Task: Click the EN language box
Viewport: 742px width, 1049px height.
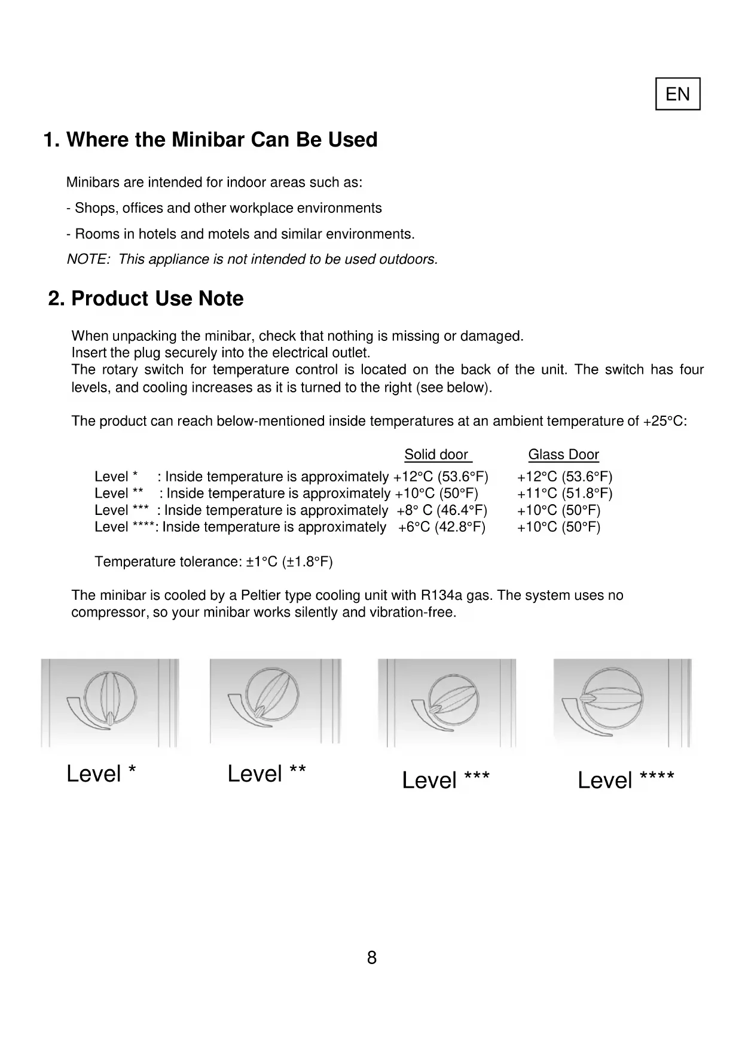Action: (x=677, y=94)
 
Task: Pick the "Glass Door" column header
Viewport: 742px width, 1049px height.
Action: (x=563, y=455)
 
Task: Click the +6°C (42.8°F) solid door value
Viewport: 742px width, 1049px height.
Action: (x=442, y=527)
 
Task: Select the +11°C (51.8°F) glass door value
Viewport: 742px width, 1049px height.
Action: (x=565, y=493)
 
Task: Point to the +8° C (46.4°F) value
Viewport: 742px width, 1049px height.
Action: (x=442, y=510)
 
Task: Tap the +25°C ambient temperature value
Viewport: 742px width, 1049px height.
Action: (x=663, y=421)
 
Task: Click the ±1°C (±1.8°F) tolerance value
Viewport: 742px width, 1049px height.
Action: (x=289, y=562)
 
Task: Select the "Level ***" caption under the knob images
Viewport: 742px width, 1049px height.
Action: (x=445, y=780)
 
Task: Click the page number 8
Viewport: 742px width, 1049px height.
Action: (x=371, y=958)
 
